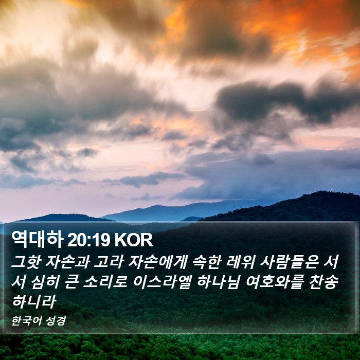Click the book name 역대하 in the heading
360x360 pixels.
pos(38,240)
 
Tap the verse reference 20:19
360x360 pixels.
pos(88,240)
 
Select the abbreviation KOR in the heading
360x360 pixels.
pos(134,240)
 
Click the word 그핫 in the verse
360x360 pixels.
pos(26,262)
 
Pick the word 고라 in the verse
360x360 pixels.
pos(109,262)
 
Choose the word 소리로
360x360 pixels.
pos(105,282)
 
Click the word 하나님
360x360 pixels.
pos(219,282)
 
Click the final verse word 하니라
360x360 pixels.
pos(34,301)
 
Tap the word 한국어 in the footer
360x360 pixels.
pos(26,321)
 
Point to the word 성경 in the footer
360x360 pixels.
pos(56,321)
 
